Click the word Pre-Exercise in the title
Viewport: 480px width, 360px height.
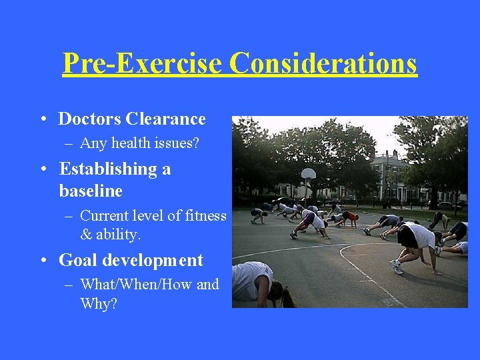pos(142,63)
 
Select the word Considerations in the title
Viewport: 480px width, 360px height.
pos(323,63)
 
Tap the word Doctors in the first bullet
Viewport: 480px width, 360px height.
pos(89,119)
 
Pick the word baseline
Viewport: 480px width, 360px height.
pos(91,191)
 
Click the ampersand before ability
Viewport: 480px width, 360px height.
pos(85,235)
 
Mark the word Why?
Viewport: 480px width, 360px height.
pos(98,304)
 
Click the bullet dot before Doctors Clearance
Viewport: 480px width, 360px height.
pos(42,120)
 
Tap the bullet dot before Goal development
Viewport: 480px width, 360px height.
pos(42,261)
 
